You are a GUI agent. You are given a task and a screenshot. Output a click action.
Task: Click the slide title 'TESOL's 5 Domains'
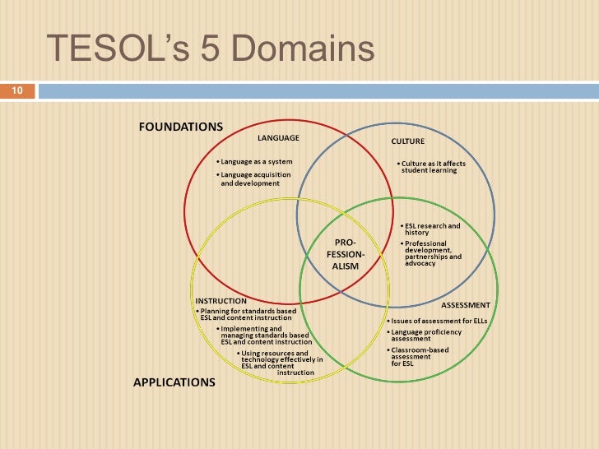(211, 50)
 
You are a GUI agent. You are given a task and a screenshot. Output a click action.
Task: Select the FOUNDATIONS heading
(179, 127)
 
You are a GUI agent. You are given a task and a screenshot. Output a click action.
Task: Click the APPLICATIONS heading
(174, 382)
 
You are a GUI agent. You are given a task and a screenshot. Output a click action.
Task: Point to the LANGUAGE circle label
(278, 137)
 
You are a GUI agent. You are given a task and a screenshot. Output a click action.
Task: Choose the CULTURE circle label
(408, 141)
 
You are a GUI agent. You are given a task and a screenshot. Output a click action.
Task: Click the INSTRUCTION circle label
(221, 301)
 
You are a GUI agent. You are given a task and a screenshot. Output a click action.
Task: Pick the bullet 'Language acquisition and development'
(249, 178)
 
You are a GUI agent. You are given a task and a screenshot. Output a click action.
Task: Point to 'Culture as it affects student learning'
(431, 167)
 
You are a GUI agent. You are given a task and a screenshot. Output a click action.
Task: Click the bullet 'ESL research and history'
(430, 229)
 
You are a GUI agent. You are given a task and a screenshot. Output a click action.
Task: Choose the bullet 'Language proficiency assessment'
(425, 335)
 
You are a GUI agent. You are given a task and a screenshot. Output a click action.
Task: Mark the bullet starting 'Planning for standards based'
(247, 315)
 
